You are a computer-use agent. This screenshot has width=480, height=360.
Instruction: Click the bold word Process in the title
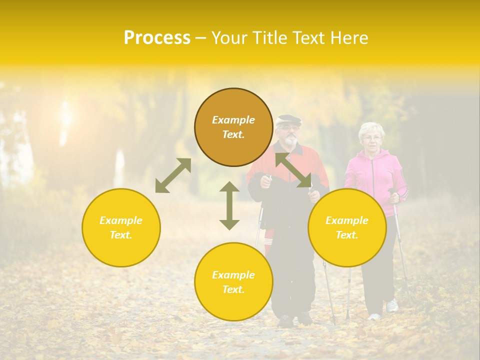(157, 38)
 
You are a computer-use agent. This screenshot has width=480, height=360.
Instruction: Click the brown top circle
(233, 127)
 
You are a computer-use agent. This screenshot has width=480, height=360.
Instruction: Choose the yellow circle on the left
(121, 227)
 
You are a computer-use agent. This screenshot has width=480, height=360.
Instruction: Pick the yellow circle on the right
(347, 227)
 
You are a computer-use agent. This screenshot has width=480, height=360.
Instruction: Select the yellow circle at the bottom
(233, 282)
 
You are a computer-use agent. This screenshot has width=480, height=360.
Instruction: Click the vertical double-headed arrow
(229, 205)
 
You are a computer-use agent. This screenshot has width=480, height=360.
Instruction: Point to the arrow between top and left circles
(173, 175)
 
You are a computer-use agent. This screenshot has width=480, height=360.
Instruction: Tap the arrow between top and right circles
(293, 170)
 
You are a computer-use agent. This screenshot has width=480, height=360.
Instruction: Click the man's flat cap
(289, 120)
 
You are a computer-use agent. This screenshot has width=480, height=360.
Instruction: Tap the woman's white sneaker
(392, 305)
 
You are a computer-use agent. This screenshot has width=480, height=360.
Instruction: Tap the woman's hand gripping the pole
(395, 197)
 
